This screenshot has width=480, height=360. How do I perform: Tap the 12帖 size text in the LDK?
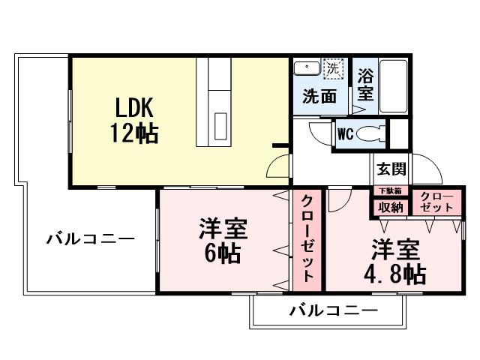tap(136, 133)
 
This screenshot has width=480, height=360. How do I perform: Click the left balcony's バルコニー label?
tap(90, 240)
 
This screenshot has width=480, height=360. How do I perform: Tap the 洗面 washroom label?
tap(319, 96)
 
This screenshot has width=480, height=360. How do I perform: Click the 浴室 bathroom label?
tap(365, 84)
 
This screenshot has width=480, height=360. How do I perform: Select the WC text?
tap(345, 135)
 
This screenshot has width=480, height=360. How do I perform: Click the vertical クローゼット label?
tap(307, 238)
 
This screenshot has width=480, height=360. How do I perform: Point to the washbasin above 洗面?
tap(306, 68)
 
